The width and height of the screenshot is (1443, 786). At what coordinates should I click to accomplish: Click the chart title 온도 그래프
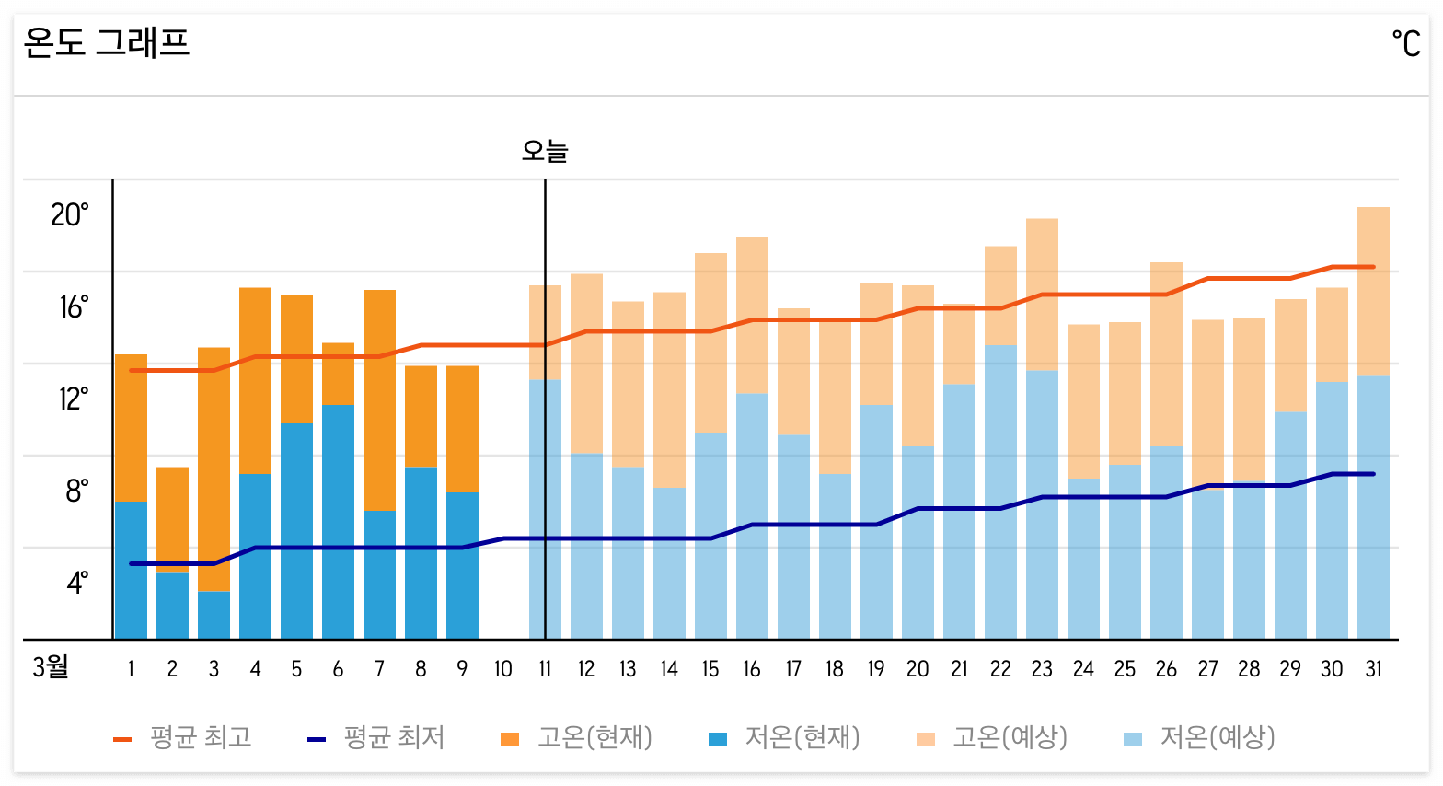[107, 42]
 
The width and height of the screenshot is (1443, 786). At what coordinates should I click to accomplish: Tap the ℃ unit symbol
[1405, 43]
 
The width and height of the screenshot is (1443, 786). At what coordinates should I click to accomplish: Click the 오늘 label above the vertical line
[545, 150]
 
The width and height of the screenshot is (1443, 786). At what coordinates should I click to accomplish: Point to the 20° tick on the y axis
[70, 214]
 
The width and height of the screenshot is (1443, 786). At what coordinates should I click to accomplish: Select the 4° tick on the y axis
[77, 583]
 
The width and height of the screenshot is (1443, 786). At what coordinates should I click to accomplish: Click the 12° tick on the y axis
[74, 399]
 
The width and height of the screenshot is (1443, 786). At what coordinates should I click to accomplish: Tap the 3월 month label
[51, 667]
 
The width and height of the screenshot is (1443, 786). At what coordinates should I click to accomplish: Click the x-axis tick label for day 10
[503, 669]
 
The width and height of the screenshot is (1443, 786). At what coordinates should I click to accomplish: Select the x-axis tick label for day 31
[1373, 669]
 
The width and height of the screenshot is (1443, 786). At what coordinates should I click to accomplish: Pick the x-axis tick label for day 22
[1000, 669]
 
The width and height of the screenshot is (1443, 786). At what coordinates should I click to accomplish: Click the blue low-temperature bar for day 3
[214, 615]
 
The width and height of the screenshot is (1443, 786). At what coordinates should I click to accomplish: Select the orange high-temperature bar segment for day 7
[379, 400]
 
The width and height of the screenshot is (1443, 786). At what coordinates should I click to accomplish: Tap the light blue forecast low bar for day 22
[1000, 492]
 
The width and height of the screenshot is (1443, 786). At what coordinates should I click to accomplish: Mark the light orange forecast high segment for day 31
[1373, 291]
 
